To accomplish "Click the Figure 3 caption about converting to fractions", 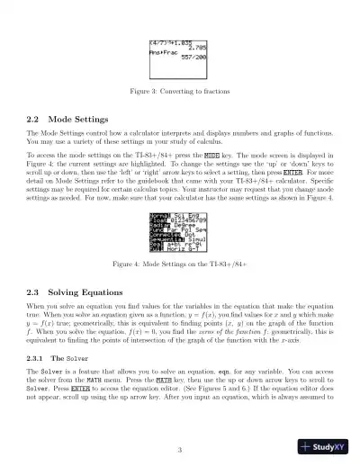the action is [x=179, y=92].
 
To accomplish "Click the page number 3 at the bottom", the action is [x=179, y=450].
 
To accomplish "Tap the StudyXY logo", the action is [x=324, y=446].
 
